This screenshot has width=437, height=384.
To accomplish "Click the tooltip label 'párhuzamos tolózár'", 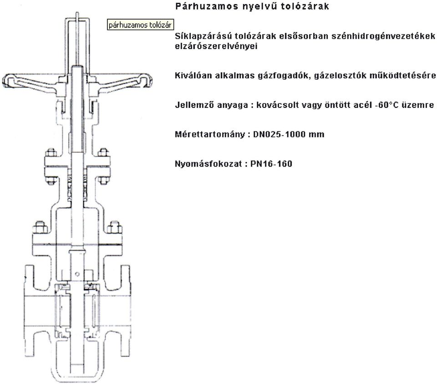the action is coord(140,25).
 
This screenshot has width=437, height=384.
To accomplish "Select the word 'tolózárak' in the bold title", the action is coord(305,6).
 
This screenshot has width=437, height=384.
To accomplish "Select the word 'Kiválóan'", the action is coord(193,76).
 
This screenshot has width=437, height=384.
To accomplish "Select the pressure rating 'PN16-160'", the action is coord(271,164).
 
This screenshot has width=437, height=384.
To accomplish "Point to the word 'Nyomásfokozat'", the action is coord(208,164).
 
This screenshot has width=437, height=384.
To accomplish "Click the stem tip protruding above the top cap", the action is coord(77,13).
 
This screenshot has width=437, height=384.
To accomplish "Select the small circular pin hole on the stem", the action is coord(77,274).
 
